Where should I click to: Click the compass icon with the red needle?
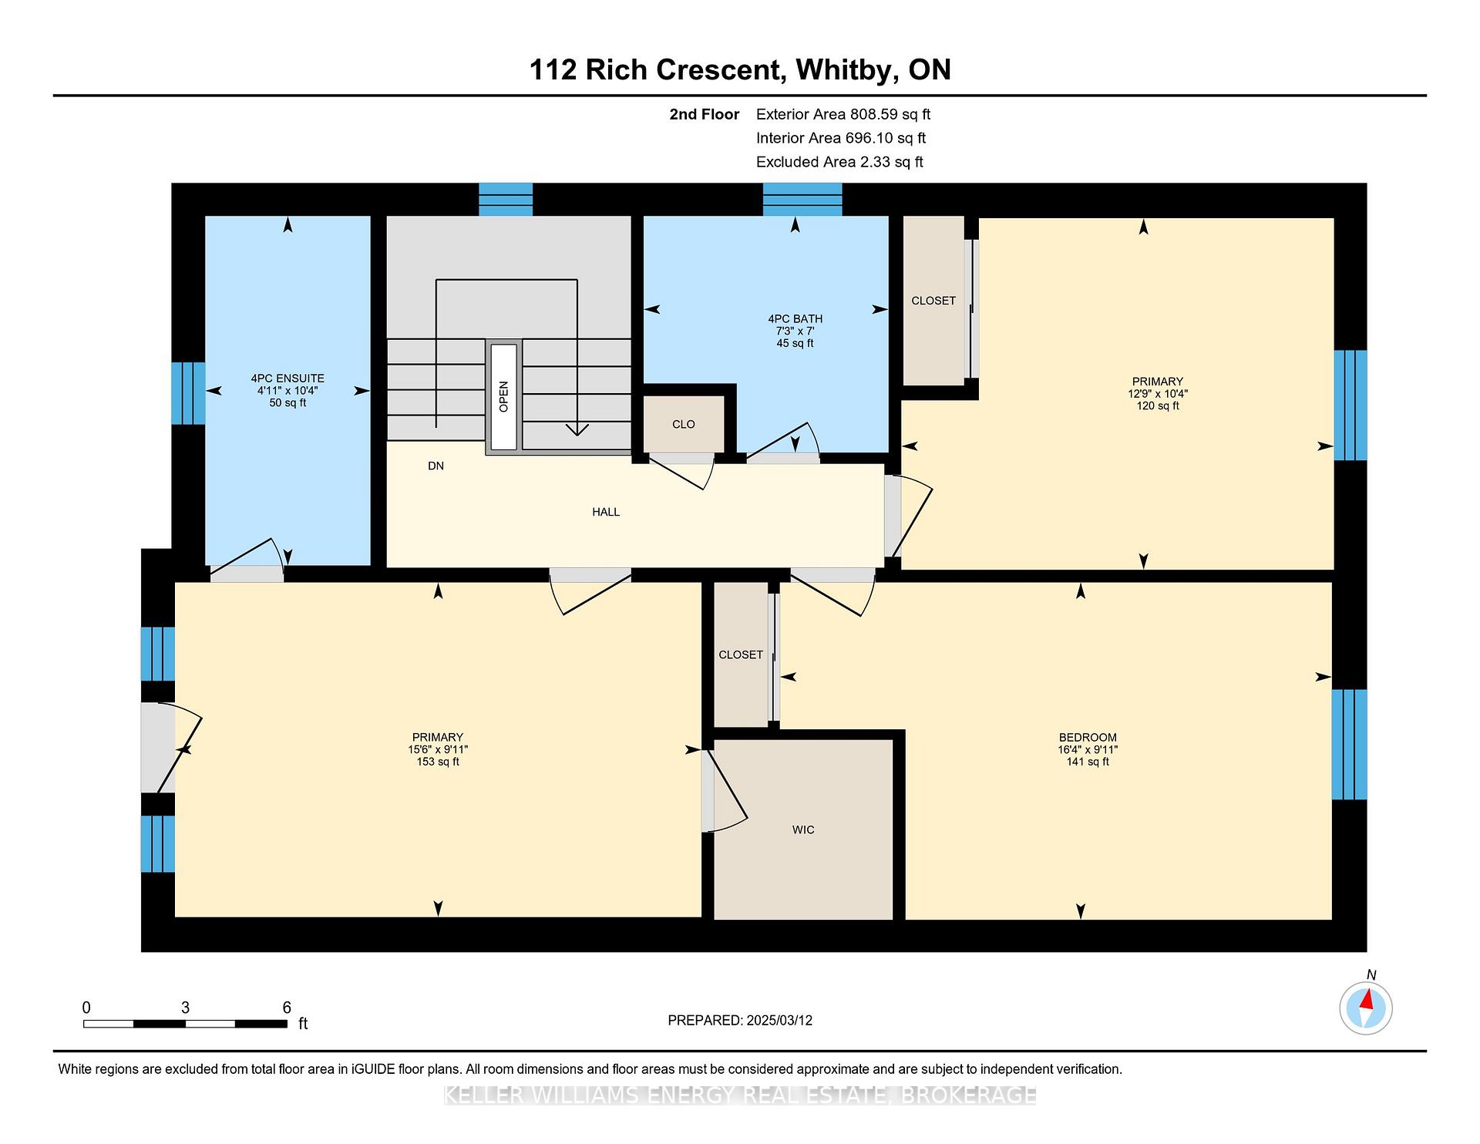coord(1365,1008)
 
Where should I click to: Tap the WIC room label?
coord(803,829)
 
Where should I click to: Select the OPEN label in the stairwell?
coord(503,396)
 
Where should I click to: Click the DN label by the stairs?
coord(436,466)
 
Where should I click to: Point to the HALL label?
coord(606,512)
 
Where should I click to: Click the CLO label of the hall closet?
coord(684,424)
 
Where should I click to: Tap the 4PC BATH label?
coord(795,318)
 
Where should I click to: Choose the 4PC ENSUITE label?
coord(288,379)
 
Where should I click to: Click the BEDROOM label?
coord(1088,737)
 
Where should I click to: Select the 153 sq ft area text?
coord(438,762)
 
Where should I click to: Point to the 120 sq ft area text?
coord(1158,405)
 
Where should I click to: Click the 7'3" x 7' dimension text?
coord(795,331)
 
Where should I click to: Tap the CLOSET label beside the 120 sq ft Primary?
coord(933,301)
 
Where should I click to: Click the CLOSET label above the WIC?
coord(741,654)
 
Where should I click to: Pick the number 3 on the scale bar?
coord(186,1008)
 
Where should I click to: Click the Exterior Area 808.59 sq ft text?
coord(843,114)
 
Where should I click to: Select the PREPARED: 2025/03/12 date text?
coord(740,1020)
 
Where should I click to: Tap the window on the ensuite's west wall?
coord(188,393)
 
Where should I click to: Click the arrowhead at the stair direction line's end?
coord(577,429)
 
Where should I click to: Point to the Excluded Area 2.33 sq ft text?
coord(839,162)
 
